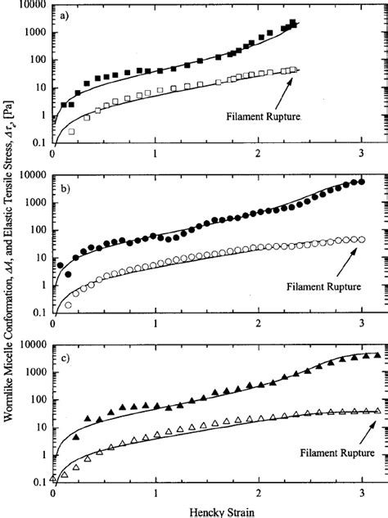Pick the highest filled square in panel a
[293, 23]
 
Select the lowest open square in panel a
[71, 131]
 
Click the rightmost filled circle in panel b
[362, 182]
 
